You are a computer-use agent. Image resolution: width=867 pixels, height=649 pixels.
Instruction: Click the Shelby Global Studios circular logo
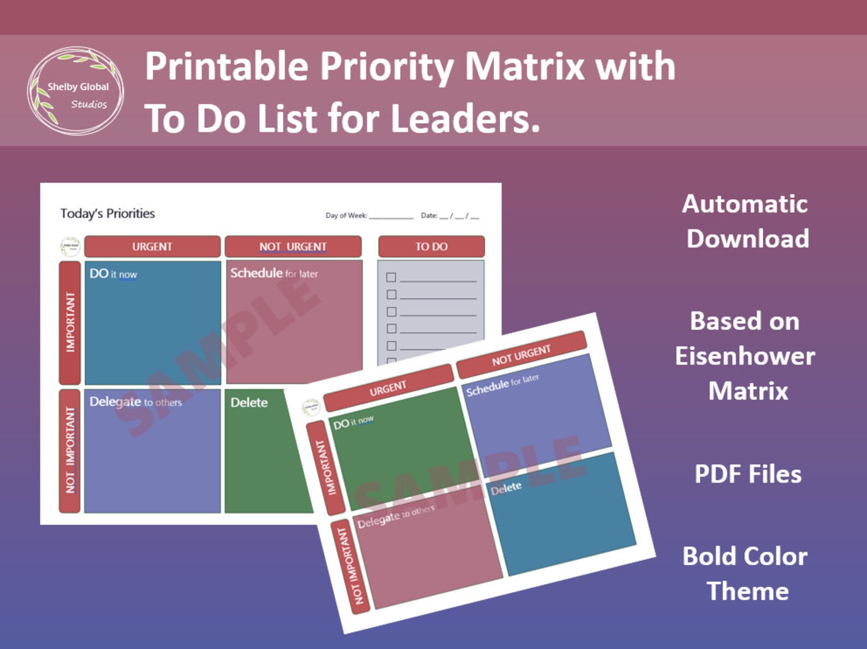pos(76,91)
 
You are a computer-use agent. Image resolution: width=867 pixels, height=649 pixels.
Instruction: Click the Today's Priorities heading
pos(108,214)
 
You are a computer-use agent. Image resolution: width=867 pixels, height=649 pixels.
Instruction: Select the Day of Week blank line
pos(391,217)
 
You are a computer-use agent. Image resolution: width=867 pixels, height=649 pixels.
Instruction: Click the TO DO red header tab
pos(431,246)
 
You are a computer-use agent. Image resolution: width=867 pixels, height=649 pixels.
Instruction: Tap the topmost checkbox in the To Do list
pos(391,278)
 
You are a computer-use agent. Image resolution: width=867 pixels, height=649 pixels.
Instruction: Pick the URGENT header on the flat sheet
pos(152,246)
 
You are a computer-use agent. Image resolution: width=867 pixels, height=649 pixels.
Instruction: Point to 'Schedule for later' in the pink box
pos(274,273)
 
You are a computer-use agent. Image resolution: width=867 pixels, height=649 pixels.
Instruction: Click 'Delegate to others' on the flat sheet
pos(135,402)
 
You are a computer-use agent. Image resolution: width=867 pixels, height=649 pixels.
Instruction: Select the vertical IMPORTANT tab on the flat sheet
pos(70,322)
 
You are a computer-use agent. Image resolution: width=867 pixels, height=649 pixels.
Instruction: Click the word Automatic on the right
pos(745,204)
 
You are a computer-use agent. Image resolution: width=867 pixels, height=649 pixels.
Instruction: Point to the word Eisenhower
pos(745,356)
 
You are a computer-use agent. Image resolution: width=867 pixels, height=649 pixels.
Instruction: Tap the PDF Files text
pos(748,474)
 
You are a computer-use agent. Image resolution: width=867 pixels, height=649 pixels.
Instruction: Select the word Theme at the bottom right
pos(747,591)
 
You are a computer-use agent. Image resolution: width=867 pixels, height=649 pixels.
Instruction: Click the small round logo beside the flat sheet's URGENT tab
pos(70,247)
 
